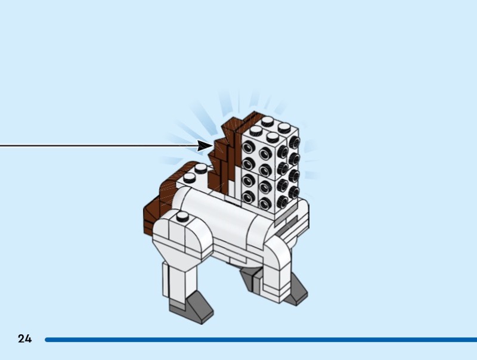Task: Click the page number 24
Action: tap(24, 339)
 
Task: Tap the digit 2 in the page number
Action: tap(21, 339)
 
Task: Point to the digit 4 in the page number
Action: tap(28, 339)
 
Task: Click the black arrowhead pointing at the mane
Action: tap(205, 145)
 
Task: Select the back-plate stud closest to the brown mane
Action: tap(202, 169)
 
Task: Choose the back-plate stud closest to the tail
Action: tap(189, 177)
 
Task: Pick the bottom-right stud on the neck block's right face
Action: tap(293, 193)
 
